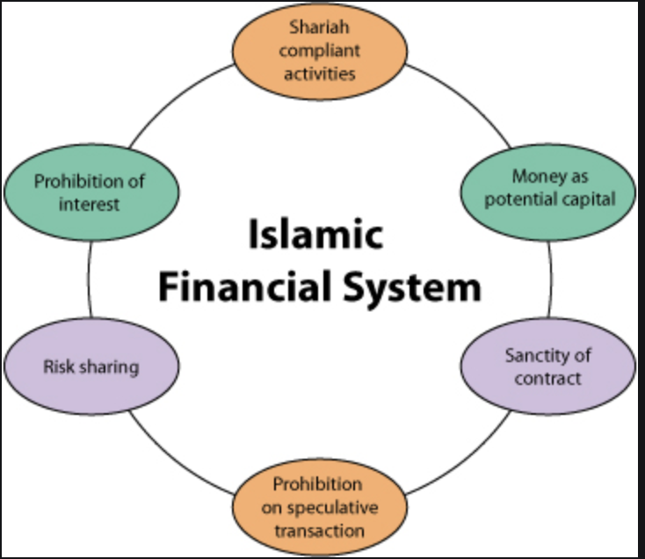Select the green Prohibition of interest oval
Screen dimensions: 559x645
coord(90,192)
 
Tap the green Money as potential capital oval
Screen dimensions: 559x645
coord(549,187)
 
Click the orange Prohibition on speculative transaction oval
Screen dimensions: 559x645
coord(320,507)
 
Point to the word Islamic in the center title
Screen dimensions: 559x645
coord(316,236)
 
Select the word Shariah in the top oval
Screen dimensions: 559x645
coord(320,28)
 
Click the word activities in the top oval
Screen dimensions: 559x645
coord(320,72)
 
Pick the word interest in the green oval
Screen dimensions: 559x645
coord(90,204)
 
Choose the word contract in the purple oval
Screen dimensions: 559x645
coord(549,379)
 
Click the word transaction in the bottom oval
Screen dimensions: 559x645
coord(320,530)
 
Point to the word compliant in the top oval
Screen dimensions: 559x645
coord(320,50)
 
